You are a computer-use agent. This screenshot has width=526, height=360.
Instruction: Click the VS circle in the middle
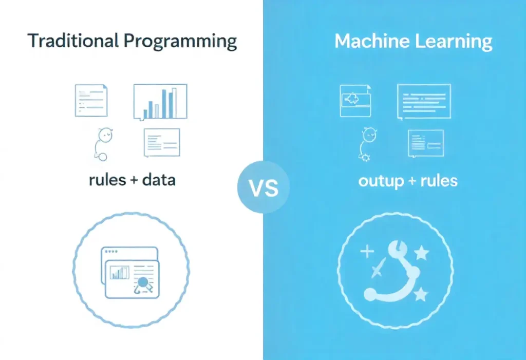[x=263, y=188]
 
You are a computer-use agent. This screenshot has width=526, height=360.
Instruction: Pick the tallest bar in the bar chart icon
[x=174, y=103]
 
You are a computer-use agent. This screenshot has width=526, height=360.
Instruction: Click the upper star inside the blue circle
[x=421, y=252]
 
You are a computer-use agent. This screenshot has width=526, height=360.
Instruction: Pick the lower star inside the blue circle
[x=420, y=294]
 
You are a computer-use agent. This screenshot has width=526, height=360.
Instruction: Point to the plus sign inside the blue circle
[x=367, y=252]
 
